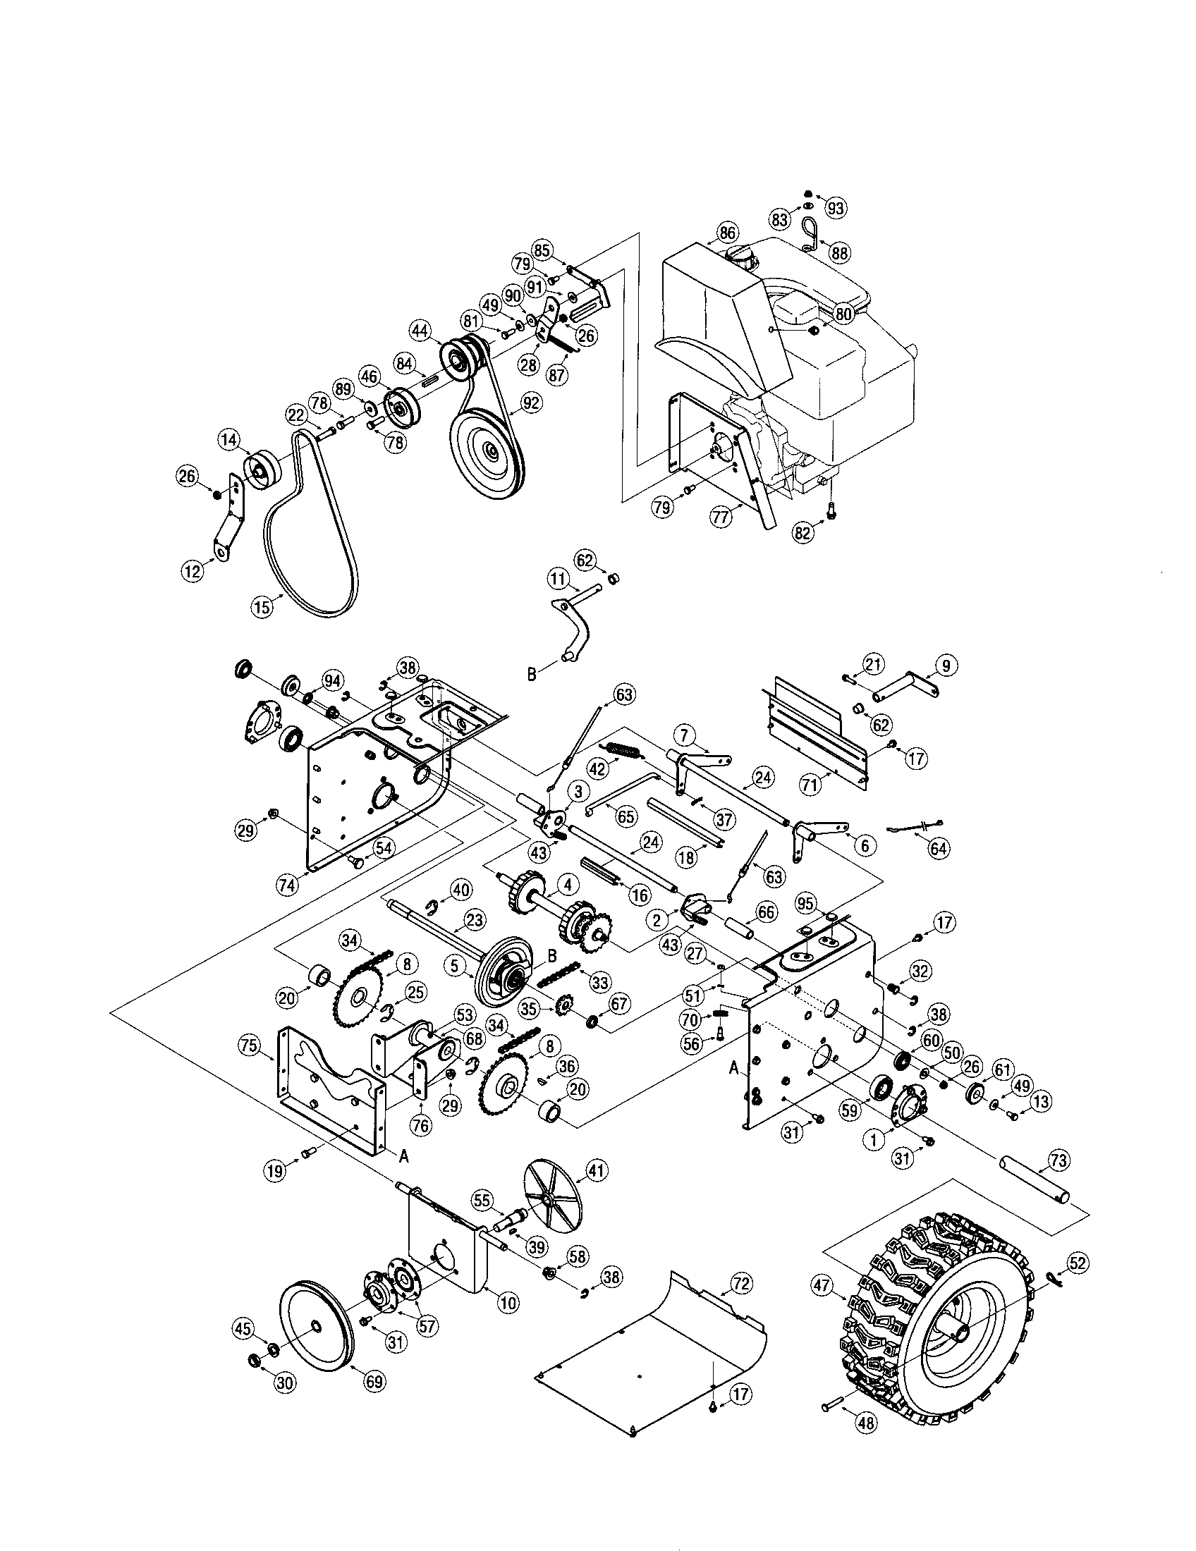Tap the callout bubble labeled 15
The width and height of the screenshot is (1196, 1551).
262,607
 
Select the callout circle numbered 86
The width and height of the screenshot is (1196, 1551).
726,232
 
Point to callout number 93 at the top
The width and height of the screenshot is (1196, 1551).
835,207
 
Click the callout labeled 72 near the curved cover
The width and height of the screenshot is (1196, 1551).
740,1282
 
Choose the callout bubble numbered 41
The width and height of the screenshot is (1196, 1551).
595,1170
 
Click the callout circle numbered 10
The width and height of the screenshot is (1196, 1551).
508,1301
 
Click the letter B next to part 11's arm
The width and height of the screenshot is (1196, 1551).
532,674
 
